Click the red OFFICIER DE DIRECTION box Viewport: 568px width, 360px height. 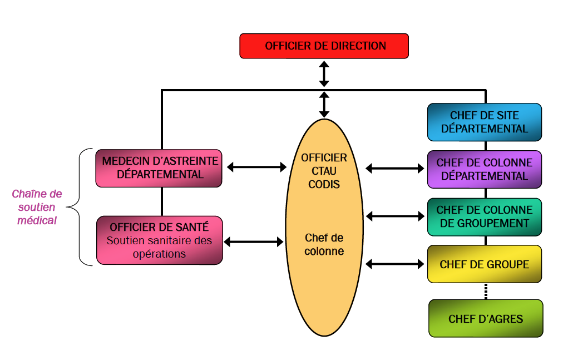tap(324, 46)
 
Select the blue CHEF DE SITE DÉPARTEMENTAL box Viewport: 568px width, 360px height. tap(484, 122)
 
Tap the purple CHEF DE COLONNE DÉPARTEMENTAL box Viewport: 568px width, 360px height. tap(484, 169)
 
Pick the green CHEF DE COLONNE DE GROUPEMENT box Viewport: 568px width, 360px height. tap(484, 216)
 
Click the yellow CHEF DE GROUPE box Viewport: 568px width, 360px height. tap(484, 264)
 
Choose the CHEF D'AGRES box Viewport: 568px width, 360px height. tap(486, 318)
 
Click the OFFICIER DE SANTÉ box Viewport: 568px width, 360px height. tap(159, 240)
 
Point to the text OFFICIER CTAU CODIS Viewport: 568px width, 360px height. tap(324, 170)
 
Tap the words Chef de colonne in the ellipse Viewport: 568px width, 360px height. tap(324, 244)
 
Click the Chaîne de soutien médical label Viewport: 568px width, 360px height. tap(37, 207)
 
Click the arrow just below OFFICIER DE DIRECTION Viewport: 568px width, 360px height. tap(324, 73)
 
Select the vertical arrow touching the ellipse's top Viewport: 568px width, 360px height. tap(324, 104)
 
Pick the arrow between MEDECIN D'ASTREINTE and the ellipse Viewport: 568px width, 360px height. tap(256, 166)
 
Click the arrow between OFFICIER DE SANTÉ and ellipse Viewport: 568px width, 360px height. tap(253, 241)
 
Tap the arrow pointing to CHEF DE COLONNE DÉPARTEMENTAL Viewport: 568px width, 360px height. tap(394, 168)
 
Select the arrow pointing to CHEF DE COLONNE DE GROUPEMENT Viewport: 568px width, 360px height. tap(394, 216)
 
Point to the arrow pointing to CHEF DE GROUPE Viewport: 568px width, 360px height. tap(394, 264)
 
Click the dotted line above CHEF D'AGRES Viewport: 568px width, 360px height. tap(486, 290)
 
